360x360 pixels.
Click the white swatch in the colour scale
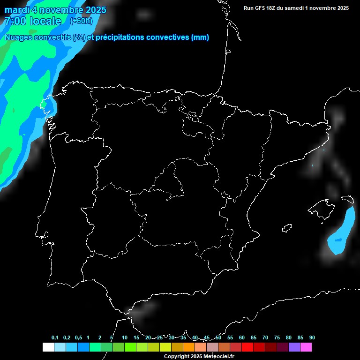(x=48, y=347)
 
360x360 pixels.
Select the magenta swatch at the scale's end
(x=306, y=347)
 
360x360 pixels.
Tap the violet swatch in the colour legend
(x=294, y=347)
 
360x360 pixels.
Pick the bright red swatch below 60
(x=247, y=347)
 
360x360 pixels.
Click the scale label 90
(x=312, y=338)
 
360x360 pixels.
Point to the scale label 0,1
(x=55, y=338)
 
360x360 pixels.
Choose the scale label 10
(x=124, y=338)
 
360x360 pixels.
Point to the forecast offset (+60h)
(x=82, y=21)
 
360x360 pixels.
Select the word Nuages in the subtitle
(x=18, y=37)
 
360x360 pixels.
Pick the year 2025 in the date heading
(x=93, y=10)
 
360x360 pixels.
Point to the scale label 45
(x=207, y=338)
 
